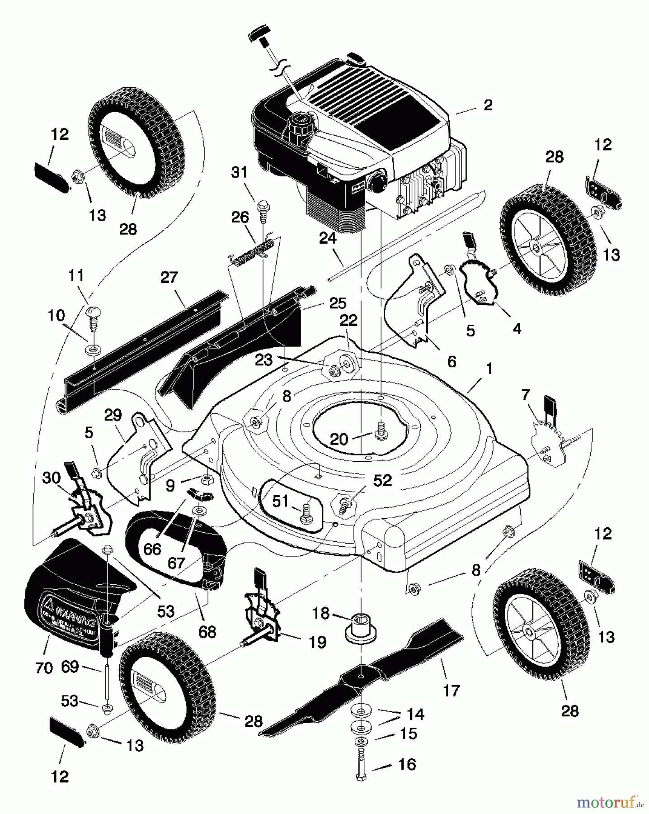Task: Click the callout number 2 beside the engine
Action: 488,105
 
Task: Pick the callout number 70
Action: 44,667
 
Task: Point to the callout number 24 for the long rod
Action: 328,238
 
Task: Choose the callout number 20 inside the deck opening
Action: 339,439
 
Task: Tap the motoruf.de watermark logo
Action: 610,802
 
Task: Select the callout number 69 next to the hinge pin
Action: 71,667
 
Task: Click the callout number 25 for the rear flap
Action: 338,303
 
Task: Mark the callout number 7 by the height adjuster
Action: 525,395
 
